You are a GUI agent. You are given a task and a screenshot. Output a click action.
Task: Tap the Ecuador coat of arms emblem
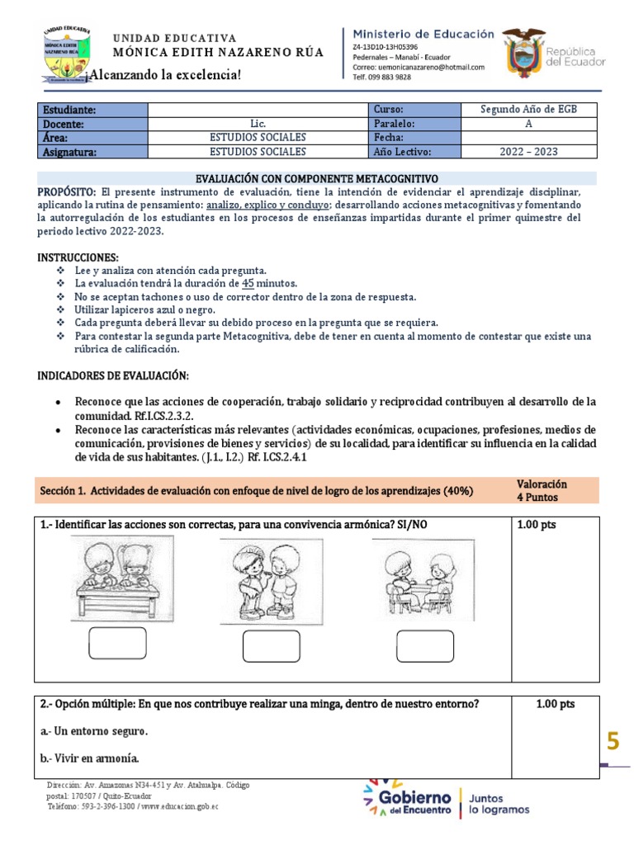[x=525, y=54]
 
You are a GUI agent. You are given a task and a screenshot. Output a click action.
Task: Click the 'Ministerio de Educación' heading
[x=423, y=34]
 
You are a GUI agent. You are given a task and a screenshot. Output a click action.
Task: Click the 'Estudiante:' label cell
[x=92, y=110]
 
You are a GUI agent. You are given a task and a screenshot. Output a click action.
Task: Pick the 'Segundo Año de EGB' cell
[x=528, y=110]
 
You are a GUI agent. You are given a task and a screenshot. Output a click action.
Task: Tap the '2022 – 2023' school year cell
[x=528, y=152]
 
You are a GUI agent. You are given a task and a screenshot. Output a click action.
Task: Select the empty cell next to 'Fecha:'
[x=528, y=138]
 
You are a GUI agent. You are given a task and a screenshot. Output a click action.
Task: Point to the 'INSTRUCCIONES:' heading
[x=78, y=257]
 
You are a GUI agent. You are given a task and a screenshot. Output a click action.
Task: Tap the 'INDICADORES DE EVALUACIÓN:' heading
[x=114, y=376]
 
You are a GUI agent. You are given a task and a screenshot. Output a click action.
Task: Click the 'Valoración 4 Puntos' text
[x=542, y=491]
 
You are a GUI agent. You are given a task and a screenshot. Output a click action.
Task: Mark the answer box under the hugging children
[x=272, y=645]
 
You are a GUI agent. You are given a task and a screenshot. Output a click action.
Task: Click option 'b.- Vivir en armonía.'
[x=89, y=758]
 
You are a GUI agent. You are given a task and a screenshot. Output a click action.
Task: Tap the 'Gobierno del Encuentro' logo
[x=409, y=799]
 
